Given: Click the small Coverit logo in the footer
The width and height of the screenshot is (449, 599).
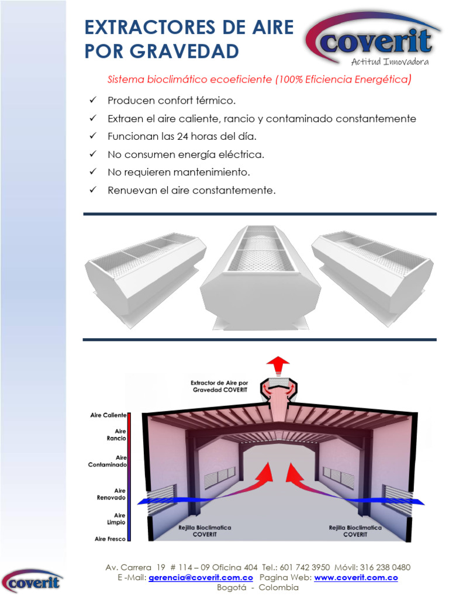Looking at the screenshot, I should pos(32,581).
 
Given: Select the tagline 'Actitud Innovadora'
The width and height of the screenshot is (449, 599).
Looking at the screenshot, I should pos(390,62).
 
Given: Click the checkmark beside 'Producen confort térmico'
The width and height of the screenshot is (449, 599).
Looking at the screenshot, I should pos(92,101).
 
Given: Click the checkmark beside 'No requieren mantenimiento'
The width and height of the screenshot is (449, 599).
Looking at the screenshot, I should pos(92,172).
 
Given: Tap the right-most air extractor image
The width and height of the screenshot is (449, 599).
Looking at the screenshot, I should pos(372,273).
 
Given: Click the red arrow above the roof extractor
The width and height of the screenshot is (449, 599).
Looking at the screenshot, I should pos(278,365).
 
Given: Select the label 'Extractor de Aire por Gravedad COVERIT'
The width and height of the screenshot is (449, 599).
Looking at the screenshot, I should pos(219,385).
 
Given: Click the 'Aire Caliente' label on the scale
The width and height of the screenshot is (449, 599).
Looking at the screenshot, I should pos(108,415).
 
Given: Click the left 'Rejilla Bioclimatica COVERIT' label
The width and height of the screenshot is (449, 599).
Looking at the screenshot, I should pos(205,531).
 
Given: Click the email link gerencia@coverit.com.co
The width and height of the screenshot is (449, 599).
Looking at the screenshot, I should pos(201,577).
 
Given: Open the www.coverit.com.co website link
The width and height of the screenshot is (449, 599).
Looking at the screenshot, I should pos(356,577).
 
